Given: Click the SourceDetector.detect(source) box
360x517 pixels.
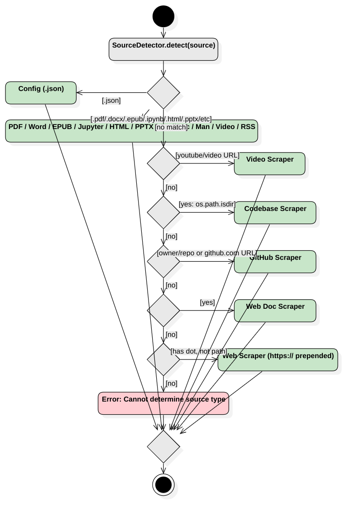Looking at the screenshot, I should tap(163, 49).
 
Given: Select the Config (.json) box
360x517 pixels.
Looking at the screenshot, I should tap(41, 93).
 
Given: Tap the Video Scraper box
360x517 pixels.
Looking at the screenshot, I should tap(269, 163).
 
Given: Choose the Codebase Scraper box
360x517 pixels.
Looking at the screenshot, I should tap(275, 212).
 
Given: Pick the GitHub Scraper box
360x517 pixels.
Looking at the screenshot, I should tap(275, 261).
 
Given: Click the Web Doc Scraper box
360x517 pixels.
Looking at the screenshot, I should tap(275, 310).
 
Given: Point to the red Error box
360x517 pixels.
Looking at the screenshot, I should tap(163, 403).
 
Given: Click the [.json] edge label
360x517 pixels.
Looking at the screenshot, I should tap(111, 101).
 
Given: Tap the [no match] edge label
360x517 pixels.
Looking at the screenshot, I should tap(171, 127).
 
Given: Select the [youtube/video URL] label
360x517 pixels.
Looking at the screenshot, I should tap(207, 155).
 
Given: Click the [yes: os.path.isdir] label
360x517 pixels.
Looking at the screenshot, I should tap(206, 204).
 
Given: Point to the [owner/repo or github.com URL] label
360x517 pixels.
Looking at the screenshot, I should tap(207, 253).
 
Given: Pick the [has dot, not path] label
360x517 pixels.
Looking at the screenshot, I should tap(198, 351).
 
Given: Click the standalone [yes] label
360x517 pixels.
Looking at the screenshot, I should tap(207, 302).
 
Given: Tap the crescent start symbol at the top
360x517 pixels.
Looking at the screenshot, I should tap(167, 20).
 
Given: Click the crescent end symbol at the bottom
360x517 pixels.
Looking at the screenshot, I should tap(166, 487).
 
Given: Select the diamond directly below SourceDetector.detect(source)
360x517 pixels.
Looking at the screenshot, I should tap(163, 93).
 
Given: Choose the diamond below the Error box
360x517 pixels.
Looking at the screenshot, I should tap(163, 447).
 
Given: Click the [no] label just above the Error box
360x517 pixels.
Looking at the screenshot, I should tap(171, 383).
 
